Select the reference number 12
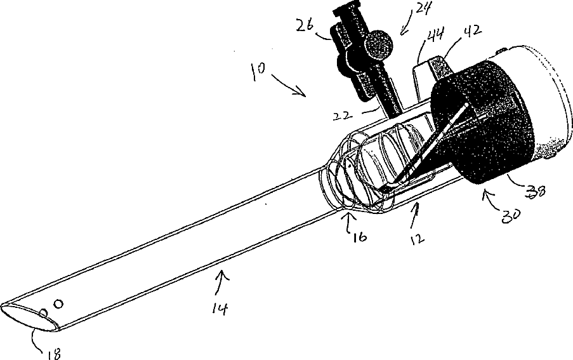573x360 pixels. [418, 238]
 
